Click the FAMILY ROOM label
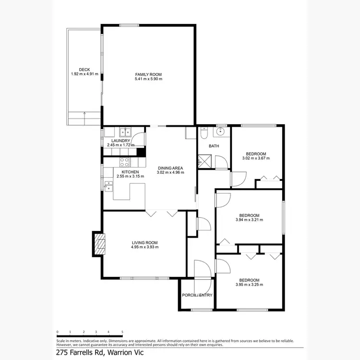tap(148, 74)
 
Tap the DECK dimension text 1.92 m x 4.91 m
tap(84, 74)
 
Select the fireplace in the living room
tap(99, 244)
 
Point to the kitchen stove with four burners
tap(124, 162)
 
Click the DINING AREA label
tap(171, 168)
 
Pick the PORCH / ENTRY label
tap(197, 295)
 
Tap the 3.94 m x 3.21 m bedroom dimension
tap(250, 220)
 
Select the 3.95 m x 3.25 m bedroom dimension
tap(250, 285)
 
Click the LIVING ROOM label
tap(144, 243)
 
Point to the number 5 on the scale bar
tap(122, 332)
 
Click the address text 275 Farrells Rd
tap(82, 352)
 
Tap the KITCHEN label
tap(130, 172)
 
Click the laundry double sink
tap(125, 131)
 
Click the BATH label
tap(214, 145)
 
